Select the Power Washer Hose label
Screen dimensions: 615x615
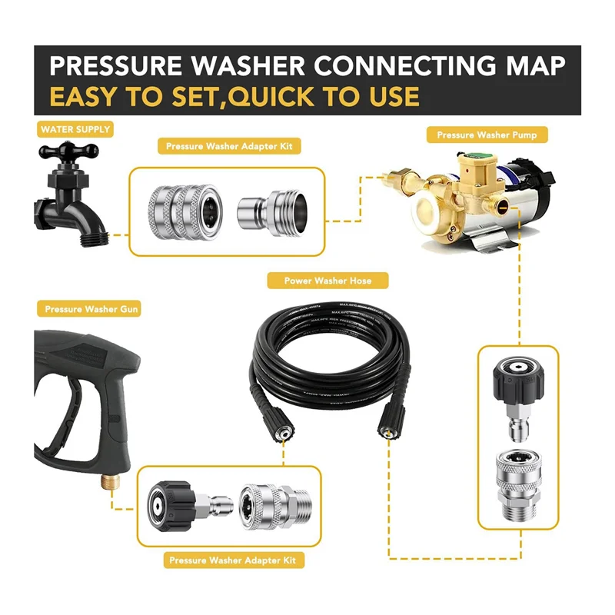[327, 281]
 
